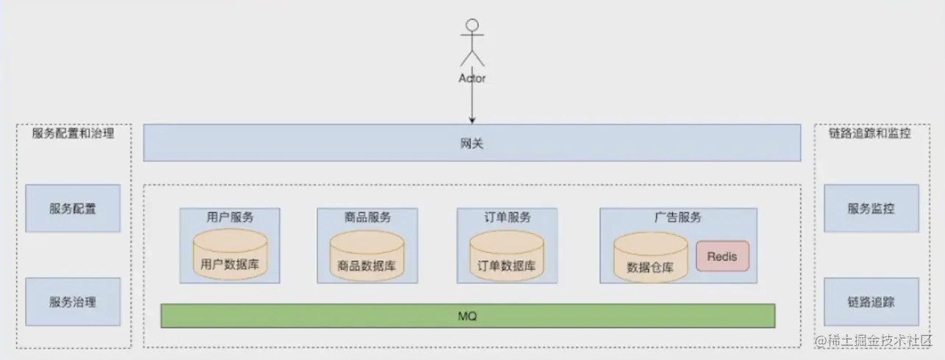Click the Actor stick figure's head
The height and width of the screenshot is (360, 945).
tap(471, 24)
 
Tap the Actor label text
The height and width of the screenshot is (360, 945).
tap(472, 77)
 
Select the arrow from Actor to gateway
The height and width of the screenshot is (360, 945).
tap(472, 103)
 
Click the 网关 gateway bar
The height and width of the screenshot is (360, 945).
tap(471, 143)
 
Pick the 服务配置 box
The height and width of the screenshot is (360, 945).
tap(73, 208)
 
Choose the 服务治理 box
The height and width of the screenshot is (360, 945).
tap(73, 302)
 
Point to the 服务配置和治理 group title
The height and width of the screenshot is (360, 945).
tap(73, 134)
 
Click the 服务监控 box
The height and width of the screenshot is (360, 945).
tap(871, 208)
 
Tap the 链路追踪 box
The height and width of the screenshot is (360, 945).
tap(871, 302)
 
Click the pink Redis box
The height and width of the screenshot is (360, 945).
tap(722, 256)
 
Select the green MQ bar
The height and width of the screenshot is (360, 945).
tap(468, 316)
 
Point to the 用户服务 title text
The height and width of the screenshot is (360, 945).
tap(230, 217)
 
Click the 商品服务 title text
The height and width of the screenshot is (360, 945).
tap(367, 217)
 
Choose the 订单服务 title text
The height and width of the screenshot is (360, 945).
tap(507, 217)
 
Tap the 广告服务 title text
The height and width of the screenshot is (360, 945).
tap(678, 217)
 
